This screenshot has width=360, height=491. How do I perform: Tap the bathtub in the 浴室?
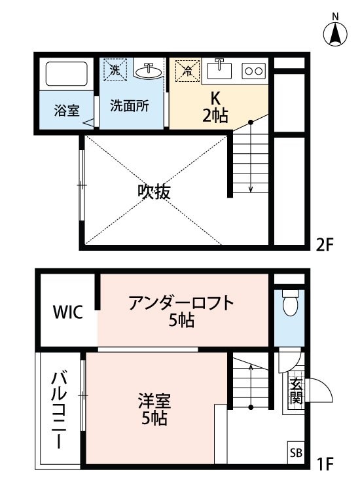[65, 75]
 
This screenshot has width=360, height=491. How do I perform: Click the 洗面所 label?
[130, 105]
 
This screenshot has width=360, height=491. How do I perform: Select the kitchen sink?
[219, 68]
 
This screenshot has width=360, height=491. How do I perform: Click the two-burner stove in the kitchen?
[253, 69]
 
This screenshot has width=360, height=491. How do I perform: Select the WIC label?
[68, 311]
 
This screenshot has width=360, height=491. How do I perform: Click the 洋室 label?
[154, 399]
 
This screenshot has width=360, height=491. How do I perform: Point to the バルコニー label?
[58, 410]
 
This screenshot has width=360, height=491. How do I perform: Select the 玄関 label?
[296, 391]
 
